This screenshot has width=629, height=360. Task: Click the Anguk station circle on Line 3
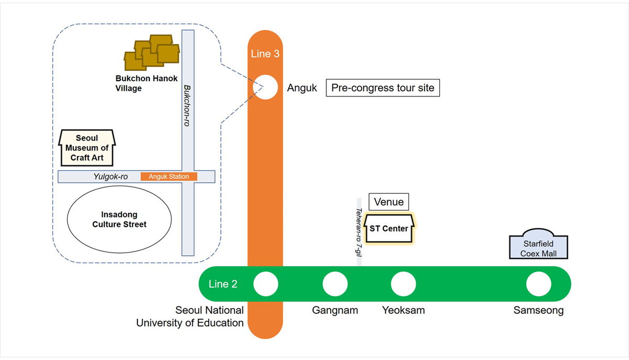266,88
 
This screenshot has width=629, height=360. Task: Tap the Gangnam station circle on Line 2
335,285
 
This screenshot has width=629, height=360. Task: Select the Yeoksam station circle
403,285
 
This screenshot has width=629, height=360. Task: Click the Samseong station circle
538,285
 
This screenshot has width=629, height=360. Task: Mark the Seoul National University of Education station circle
266,285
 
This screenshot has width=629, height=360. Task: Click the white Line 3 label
265,54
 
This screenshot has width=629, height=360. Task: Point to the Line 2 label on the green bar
223,284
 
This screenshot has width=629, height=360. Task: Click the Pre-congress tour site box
383,88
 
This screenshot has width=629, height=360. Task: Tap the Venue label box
388,202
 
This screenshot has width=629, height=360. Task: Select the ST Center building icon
389,228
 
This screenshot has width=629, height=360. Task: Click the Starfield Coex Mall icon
538,245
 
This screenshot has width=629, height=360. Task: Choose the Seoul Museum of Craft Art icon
87,148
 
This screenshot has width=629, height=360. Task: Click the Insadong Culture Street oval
120,219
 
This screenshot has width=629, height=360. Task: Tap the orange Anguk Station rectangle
169,177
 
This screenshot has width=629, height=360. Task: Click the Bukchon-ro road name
187,105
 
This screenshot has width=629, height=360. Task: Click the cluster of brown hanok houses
151,52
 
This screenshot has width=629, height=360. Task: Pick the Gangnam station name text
335,310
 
